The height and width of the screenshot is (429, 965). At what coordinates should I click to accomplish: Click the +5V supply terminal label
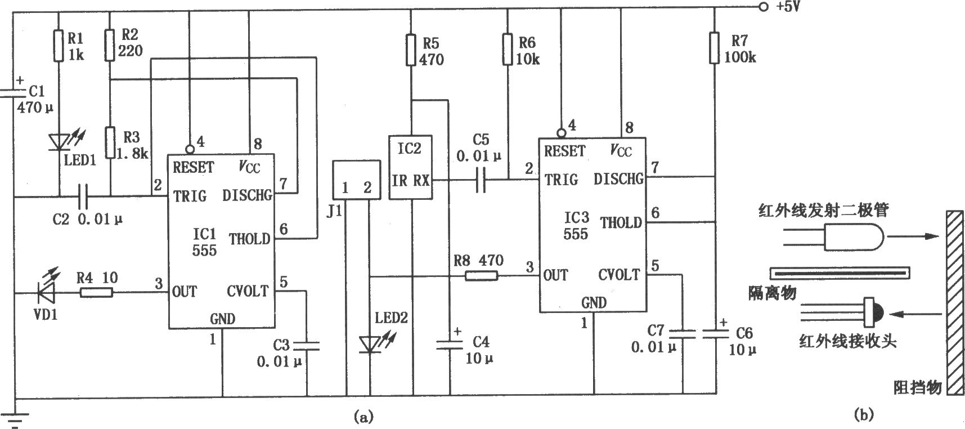[784, 8]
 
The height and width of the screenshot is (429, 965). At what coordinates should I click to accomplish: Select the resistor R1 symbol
[59, 46]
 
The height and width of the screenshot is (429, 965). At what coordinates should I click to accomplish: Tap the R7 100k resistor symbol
[715, 47]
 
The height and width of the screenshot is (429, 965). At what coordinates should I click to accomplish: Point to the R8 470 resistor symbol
[482, 275]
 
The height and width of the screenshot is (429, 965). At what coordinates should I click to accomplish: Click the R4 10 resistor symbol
[96, 292]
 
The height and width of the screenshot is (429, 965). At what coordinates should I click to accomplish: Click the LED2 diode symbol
[371, 342]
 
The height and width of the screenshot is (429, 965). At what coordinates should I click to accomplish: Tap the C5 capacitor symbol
[480, 180]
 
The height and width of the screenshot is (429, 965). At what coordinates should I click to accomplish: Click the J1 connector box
[356, 180]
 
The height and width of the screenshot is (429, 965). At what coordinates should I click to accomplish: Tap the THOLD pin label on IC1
[249, 239]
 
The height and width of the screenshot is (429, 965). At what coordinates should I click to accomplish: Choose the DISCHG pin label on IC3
[618, 178]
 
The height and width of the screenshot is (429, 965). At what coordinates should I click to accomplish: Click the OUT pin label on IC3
[556, 275]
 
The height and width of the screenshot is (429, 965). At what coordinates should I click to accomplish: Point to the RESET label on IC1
[194, 167]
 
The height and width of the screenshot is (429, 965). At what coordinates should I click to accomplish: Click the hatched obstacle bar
[954, 302]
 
